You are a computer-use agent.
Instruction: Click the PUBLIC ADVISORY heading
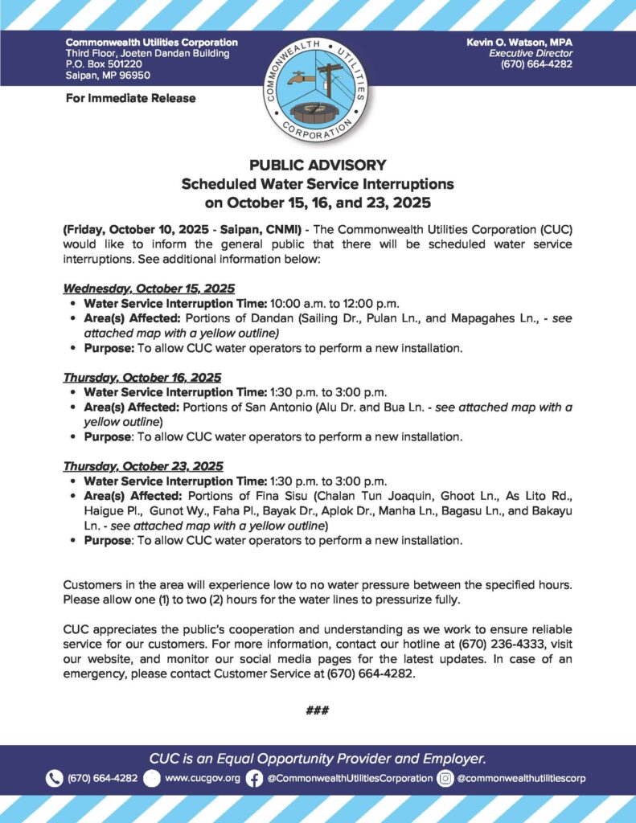click(x=318, y=165)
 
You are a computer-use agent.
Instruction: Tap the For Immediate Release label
click(x=130, y=98)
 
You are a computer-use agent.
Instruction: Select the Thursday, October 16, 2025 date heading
click(x=142, y=377)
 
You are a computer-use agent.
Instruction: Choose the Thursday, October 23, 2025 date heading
click(x=143, y=466)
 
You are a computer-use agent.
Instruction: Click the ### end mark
click(x=318, y=710)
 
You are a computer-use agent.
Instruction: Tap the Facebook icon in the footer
click(x=254, y=778)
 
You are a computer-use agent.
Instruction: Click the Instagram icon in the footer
click(x=445, y=778)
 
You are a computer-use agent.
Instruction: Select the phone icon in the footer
click(x=54, y=778)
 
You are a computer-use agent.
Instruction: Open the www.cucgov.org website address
click(x=202, y=778)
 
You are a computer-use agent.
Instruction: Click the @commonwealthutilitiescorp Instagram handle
click(x=521, y=778)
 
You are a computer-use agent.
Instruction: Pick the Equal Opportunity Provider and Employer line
click(x=318, y=758)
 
